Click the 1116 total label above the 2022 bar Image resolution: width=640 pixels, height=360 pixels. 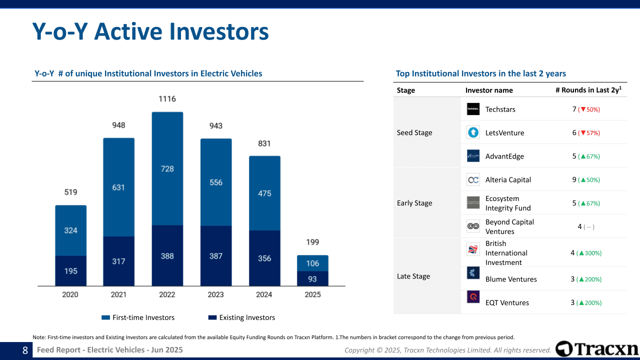pos(167,99)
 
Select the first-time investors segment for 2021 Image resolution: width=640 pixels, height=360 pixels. pos(118,187)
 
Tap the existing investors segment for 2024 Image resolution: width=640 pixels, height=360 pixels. pos(264,258)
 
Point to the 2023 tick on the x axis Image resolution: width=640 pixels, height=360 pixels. pos(215,294)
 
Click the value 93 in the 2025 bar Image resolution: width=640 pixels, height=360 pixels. pos(312,278)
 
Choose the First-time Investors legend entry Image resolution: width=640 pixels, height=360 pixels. pos(138,317)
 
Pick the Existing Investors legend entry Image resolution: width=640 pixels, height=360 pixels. pos(241,317)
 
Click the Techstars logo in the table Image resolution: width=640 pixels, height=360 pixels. pos(473,109)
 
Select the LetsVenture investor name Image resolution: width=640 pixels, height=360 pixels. pos(504,132)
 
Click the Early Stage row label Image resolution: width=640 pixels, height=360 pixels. pos(414,203)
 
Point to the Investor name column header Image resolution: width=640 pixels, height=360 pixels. pos(489,90)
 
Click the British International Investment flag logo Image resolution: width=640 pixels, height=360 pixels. pos(473,249)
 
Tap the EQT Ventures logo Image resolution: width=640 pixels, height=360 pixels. pos(473,297)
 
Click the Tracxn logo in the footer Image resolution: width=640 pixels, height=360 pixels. pos(597,349)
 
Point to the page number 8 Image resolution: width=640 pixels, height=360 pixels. pos(25,350)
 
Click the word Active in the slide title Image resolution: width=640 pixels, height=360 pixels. pos(128,31)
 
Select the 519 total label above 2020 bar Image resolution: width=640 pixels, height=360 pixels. pos(70,192)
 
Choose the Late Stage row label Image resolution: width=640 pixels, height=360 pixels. pos(413,276)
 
